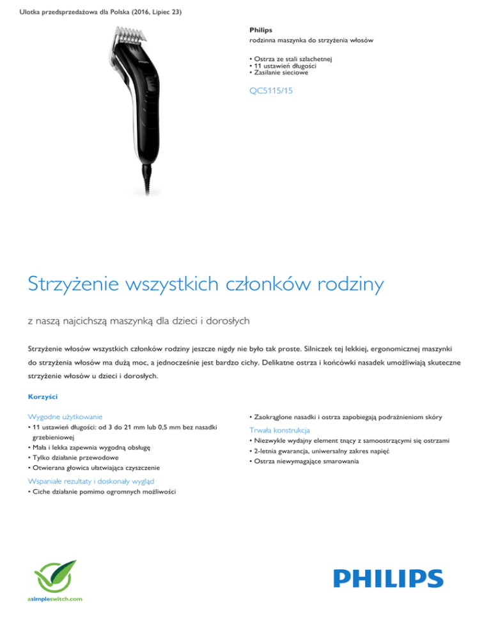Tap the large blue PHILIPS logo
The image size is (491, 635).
pos(379,578)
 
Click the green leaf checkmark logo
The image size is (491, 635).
pos(55,574)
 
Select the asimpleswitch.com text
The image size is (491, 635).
pos(55,599)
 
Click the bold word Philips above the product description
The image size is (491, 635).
pos(260,29)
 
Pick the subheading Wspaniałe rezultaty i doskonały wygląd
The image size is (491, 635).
pos(91,481)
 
